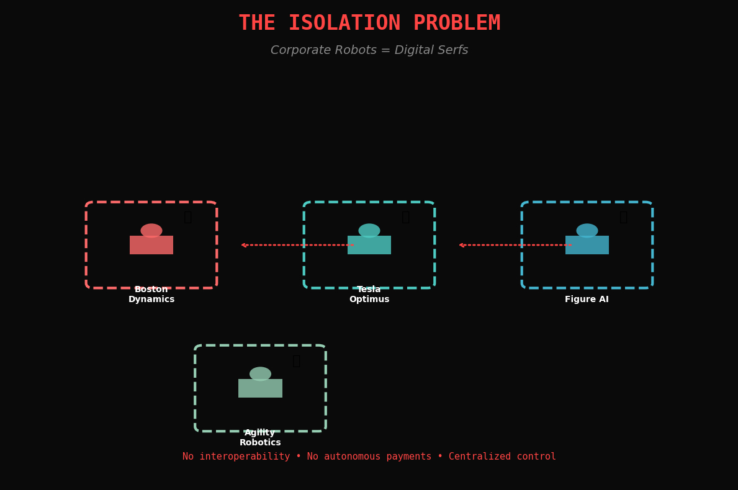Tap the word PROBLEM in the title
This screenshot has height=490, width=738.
tap(456, 24)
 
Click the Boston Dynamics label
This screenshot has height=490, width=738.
tap(151, 295)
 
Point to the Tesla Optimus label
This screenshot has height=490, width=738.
tap(369, 295)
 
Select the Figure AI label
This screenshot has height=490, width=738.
tap(587, 300)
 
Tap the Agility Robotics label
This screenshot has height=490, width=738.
tap(260, 438)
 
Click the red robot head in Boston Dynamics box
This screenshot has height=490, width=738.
tap(151, 230)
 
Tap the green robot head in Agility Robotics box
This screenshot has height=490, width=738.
tap(260, 373)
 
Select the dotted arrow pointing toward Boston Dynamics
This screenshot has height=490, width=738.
tap(297, 245)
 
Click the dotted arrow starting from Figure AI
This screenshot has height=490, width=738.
tap(515, 245)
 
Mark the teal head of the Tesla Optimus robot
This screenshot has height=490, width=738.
tap(369, 230)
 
